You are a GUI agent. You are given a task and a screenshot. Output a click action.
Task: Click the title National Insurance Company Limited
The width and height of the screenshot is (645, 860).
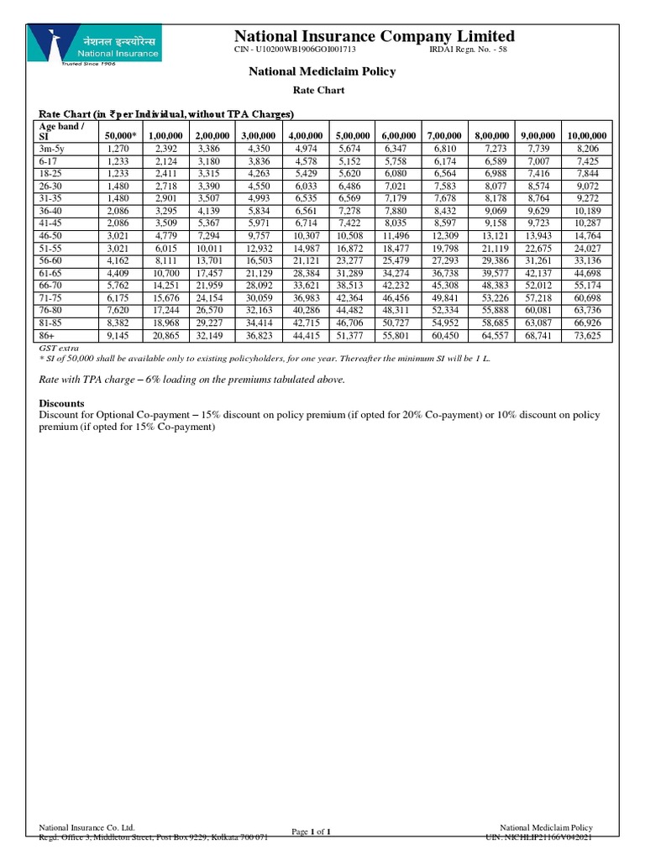click(374, 36)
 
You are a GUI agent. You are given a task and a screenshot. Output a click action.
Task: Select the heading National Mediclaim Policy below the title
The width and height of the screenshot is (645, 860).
click(322, 72)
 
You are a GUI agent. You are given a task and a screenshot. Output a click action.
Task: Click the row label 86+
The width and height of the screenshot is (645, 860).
click(48, 336)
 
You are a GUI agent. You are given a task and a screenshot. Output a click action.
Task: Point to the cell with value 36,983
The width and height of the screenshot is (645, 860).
click(302, 298)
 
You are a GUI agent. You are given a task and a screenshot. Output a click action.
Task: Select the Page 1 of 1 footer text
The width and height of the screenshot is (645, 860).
click(311, 832)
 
